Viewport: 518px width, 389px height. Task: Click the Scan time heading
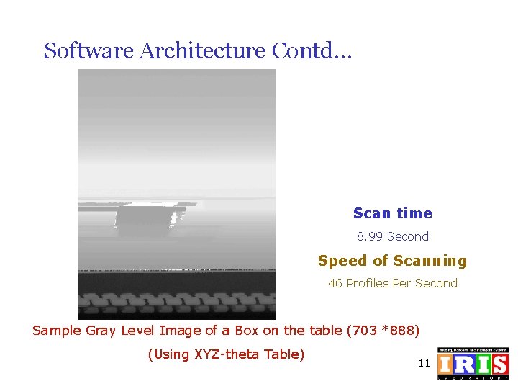pyautogui.click(x=393, y=213)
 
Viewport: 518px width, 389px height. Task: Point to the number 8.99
pyautogui.click(x=370, y=236)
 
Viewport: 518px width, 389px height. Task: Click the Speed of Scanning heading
pyautogui.click(x=393, y=261)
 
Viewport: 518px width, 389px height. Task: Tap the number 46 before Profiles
pyautogui.click(x=335, y=283)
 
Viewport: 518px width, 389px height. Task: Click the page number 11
pyautogui.click(x=424, y=364)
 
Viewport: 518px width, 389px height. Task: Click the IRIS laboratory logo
pyautogui.click(x=473, y=364)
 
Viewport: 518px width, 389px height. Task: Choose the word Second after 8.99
pyautogui.click(x=408, y=236)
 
